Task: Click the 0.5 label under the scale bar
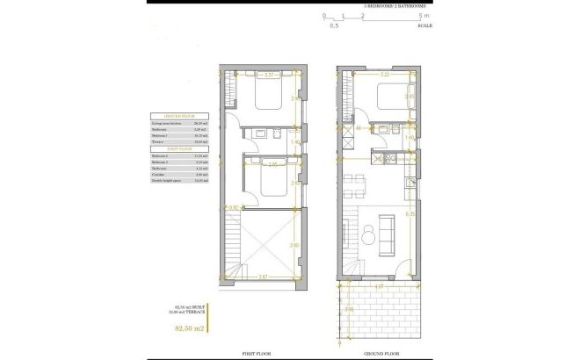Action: [x=334, y=26]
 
